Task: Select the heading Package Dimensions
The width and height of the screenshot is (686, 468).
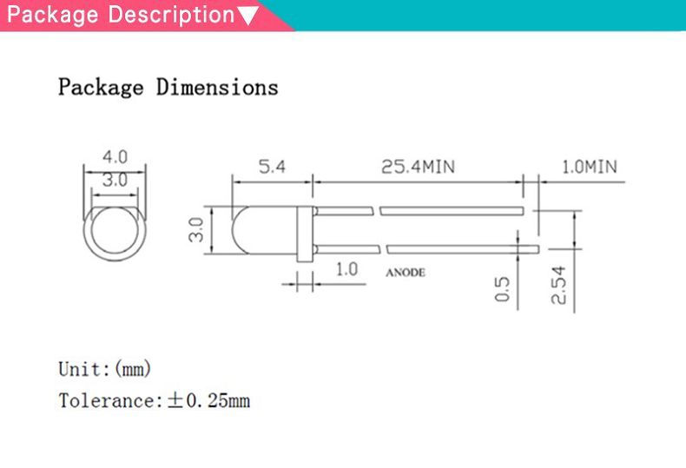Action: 168,87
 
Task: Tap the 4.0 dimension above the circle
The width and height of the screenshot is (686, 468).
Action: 115,158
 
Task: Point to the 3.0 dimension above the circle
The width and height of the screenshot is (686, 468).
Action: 115,181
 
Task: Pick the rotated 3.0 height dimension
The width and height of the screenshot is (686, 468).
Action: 196,231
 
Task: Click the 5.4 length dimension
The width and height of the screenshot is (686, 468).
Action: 271,167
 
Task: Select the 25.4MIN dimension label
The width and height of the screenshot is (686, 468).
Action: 418,167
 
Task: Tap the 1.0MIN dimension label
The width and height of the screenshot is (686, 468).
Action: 589,167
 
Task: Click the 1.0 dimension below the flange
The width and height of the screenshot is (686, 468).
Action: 346,269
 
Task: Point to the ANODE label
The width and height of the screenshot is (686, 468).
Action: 405,273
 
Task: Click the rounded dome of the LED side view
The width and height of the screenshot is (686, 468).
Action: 244,231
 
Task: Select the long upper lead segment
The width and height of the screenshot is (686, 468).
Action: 452,211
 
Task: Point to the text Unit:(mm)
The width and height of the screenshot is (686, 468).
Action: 104,369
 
